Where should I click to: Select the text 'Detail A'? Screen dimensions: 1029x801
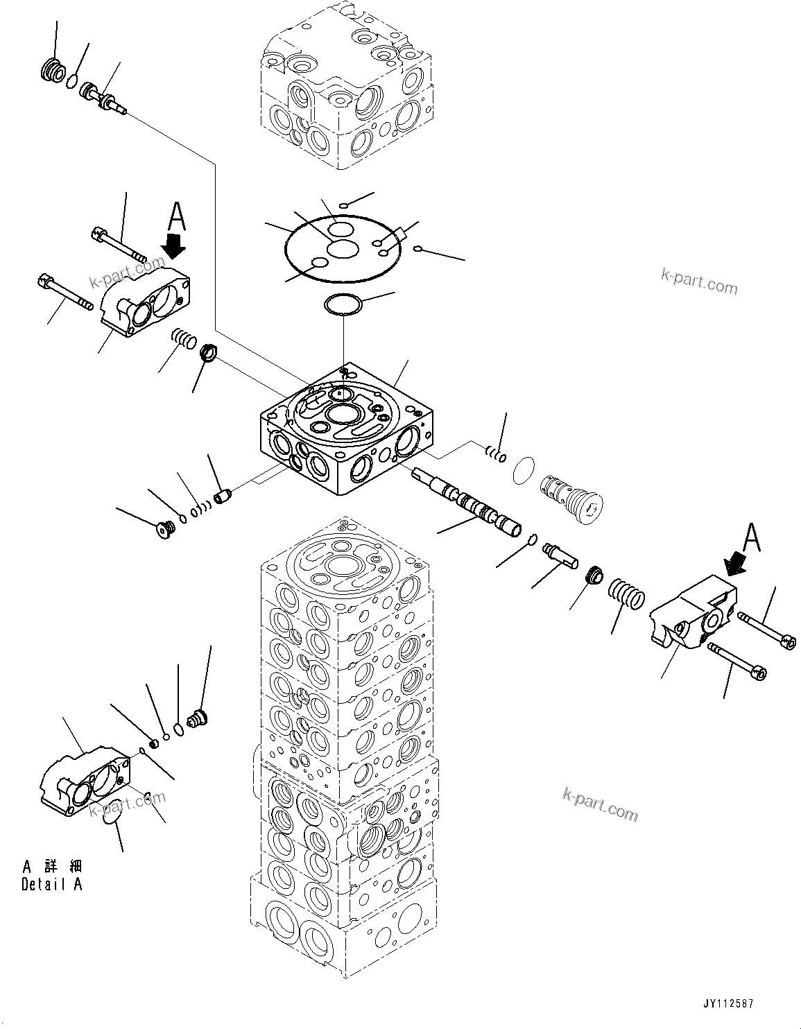pos(52,885)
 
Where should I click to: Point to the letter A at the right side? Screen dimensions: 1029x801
pos(752,537)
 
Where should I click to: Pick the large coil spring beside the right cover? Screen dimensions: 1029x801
pos(627,594)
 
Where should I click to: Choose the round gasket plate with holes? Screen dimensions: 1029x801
pos(343,251)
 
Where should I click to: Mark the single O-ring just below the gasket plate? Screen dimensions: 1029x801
pos(343,304)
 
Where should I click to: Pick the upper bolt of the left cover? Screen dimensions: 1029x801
pos(118,247)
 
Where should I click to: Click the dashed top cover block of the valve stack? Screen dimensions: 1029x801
pos(347,90)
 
